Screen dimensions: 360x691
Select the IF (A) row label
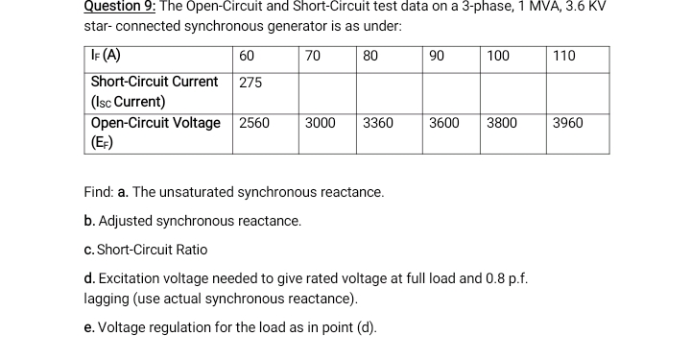(x=105, y=55)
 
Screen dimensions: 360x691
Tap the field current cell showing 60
(x=247, y=56)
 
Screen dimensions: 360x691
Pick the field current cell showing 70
(x=312, y=56)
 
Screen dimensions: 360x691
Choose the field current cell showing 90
(x=437, y=56)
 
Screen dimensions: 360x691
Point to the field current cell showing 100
(x=498, y=56)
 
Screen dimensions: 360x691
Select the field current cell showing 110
(x=564, y=56)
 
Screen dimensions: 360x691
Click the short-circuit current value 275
(x=250, y=83)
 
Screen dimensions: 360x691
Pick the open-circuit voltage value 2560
(x=254, y=123)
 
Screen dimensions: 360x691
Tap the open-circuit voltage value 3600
(x=443, y=123)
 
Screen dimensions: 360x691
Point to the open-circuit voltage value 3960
(x=568, y=123)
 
